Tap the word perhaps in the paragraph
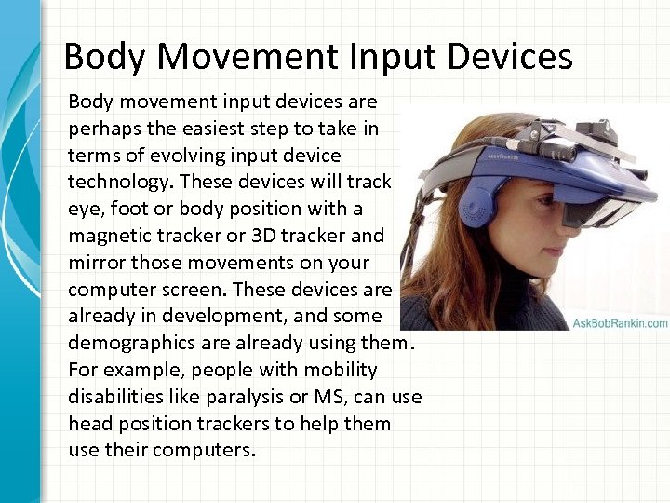click(x=101, y=127)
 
